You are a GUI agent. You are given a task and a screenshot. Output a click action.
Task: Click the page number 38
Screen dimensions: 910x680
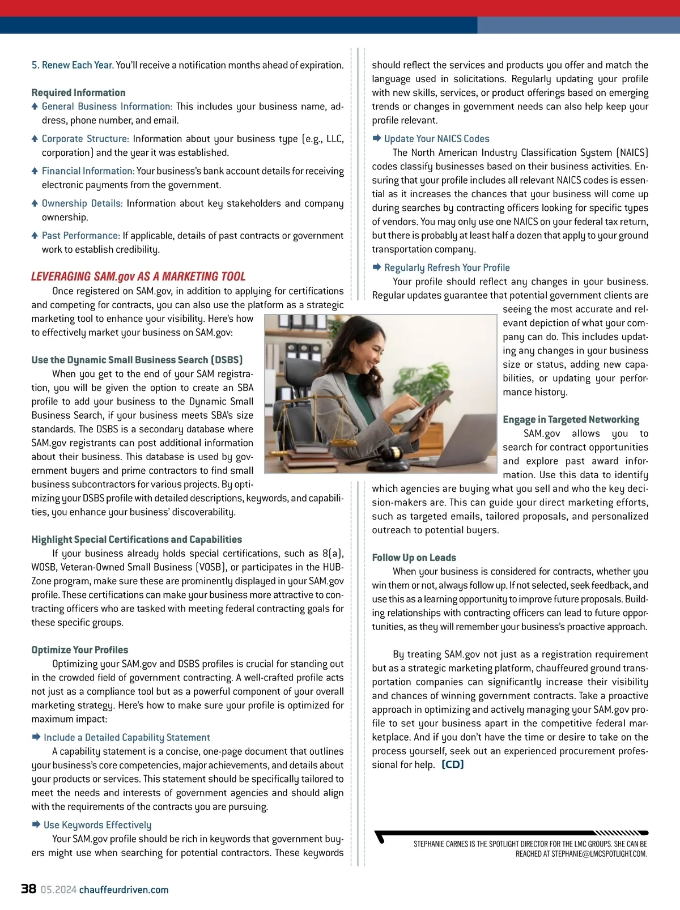[x=28, y=888]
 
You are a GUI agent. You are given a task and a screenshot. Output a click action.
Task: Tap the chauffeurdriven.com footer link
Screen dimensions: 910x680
[x=124, y=890]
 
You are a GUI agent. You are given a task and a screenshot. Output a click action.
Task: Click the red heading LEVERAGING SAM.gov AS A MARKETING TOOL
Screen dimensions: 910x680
[x=138, y=277]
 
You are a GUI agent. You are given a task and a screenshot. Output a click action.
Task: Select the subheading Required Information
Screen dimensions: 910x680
[x=78, y=92]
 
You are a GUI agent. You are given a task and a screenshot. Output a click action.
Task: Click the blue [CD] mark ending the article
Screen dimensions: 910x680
[x=453, y=764]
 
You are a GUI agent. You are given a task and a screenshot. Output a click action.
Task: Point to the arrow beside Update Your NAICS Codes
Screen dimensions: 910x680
[x=377, y=138]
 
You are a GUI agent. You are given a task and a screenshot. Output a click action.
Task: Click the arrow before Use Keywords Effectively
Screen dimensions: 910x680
[x=36, y=824]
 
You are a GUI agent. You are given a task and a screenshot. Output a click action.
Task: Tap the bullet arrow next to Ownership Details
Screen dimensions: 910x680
[x=35, y=203]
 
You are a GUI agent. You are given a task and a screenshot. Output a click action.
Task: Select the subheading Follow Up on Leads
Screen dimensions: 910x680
[x=414, y=558]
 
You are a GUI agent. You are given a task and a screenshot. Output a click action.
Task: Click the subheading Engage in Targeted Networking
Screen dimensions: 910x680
[x=571, y=419]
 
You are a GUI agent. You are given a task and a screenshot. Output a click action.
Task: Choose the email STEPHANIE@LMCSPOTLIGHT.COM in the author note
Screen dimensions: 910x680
[x=599, y=854]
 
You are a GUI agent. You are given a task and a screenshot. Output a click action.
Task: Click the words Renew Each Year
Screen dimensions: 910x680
[x=77, y=65]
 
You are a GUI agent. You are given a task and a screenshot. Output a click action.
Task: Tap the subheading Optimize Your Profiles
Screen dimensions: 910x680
[x=80, y=650]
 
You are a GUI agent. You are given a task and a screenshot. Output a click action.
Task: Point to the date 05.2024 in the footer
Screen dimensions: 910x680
[x=58, y=890]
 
